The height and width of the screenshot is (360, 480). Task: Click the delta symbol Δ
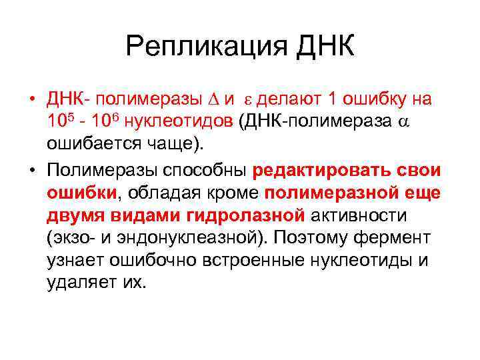coord(213,100)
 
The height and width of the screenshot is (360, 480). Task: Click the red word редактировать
coord(313,170)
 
